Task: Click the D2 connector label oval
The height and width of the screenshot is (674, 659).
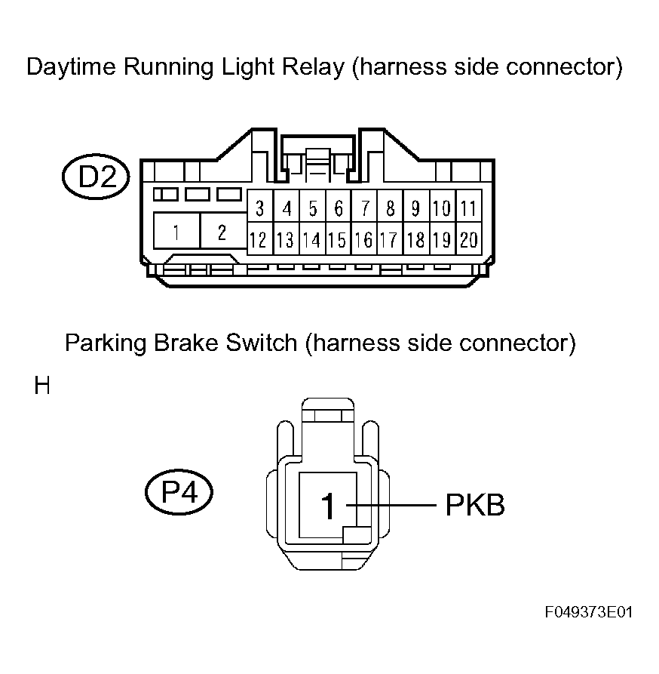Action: click(x=96, y=177)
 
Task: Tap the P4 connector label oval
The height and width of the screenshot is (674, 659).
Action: click(x=179, y=491)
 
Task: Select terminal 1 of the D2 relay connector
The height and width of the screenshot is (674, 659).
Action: click(x=176, y=231)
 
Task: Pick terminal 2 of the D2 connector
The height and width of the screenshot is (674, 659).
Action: click(x=223, y=231)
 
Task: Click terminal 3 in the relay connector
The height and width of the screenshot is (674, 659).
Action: click(x=260, y=208)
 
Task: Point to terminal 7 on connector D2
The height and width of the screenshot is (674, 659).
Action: click(x=364, y=208)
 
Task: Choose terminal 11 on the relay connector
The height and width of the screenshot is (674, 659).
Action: click(x=469, y=208)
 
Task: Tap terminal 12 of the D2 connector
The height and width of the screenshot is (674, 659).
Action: click(x=260, y=239)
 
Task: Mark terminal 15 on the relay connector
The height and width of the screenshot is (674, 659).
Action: click(x=339, y=239)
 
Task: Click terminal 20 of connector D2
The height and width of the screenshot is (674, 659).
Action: click(x=469, y=239)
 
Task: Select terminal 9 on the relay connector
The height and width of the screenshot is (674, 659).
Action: click(x=416, y=208)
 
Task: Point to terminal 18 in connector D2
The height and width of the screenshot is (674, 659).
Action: click(x=416, y=239)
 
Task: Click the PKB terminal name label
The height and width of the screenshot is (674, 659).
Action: click(x=475, y=505)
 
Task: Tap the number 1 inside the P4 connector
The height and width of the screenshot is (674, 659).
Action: click(x=328, y=506)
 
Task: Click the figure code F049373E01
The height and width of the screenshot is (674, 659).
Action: click(x=589, y=612)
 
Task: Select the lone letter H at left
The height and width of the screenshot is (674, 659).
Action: click(x=42, y=385)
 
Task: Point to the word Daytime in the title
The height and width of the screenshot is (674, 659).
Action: click(x=72, y=67)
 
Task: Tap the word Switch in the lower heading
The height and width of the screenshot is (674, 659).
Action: click(x=262, y=343)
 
